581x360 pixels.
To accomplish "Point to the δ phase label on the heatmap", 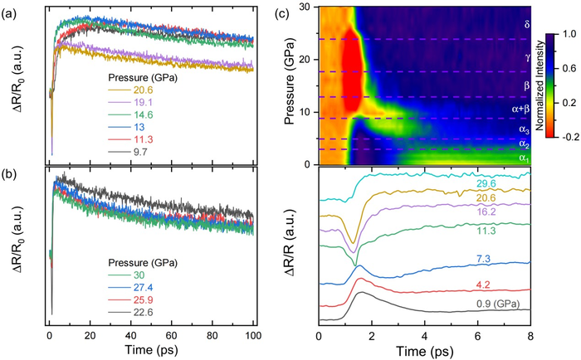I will click(x=525, y=25).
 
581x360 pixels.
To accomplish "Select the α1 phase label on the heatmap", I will click(x=523, y=158).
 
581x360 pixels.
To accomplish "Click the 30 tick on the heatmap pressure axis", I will click(x=310, y=7).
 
